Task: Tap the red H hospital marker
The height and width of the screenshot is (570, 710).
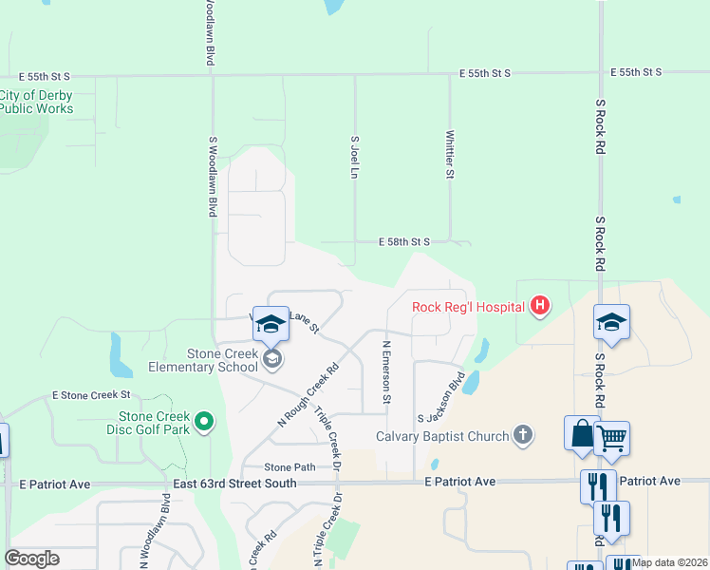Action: (x=540, y=306)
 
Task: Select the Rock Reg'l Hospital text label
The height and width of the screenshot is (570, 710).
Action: (x=468, y=306)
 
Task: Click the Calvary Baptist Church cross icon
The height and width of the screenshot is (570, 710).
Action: (x=521, y=436)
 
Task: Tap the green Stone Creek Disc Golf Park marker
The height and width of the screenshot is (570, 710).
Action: (x=203, y=423)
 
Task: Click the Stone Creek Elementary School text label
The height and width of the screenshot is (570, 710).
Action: (x=203, y=360)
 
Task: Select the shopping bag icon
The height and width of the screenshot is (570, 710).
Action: (x=582, y=433)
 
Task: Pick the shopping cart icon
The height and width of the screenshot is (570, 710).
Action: (x=612, y=438)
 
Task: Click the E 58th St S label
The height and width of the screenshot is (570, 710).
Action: (x=404, y=242)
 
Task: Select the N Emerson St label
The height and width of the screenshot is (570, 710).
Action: (x=386, y=372)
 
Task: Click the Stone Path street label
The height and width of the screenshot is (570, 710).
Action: (x=290, y=467)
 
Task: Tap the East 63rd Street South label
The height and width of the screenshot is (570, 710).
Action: (x=234, y=484)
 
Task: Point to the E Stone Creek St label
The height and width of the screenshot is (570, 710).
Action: (x=91, y=394)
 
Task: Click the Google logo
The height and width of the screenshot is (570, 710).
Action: (x=31, y=559)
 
